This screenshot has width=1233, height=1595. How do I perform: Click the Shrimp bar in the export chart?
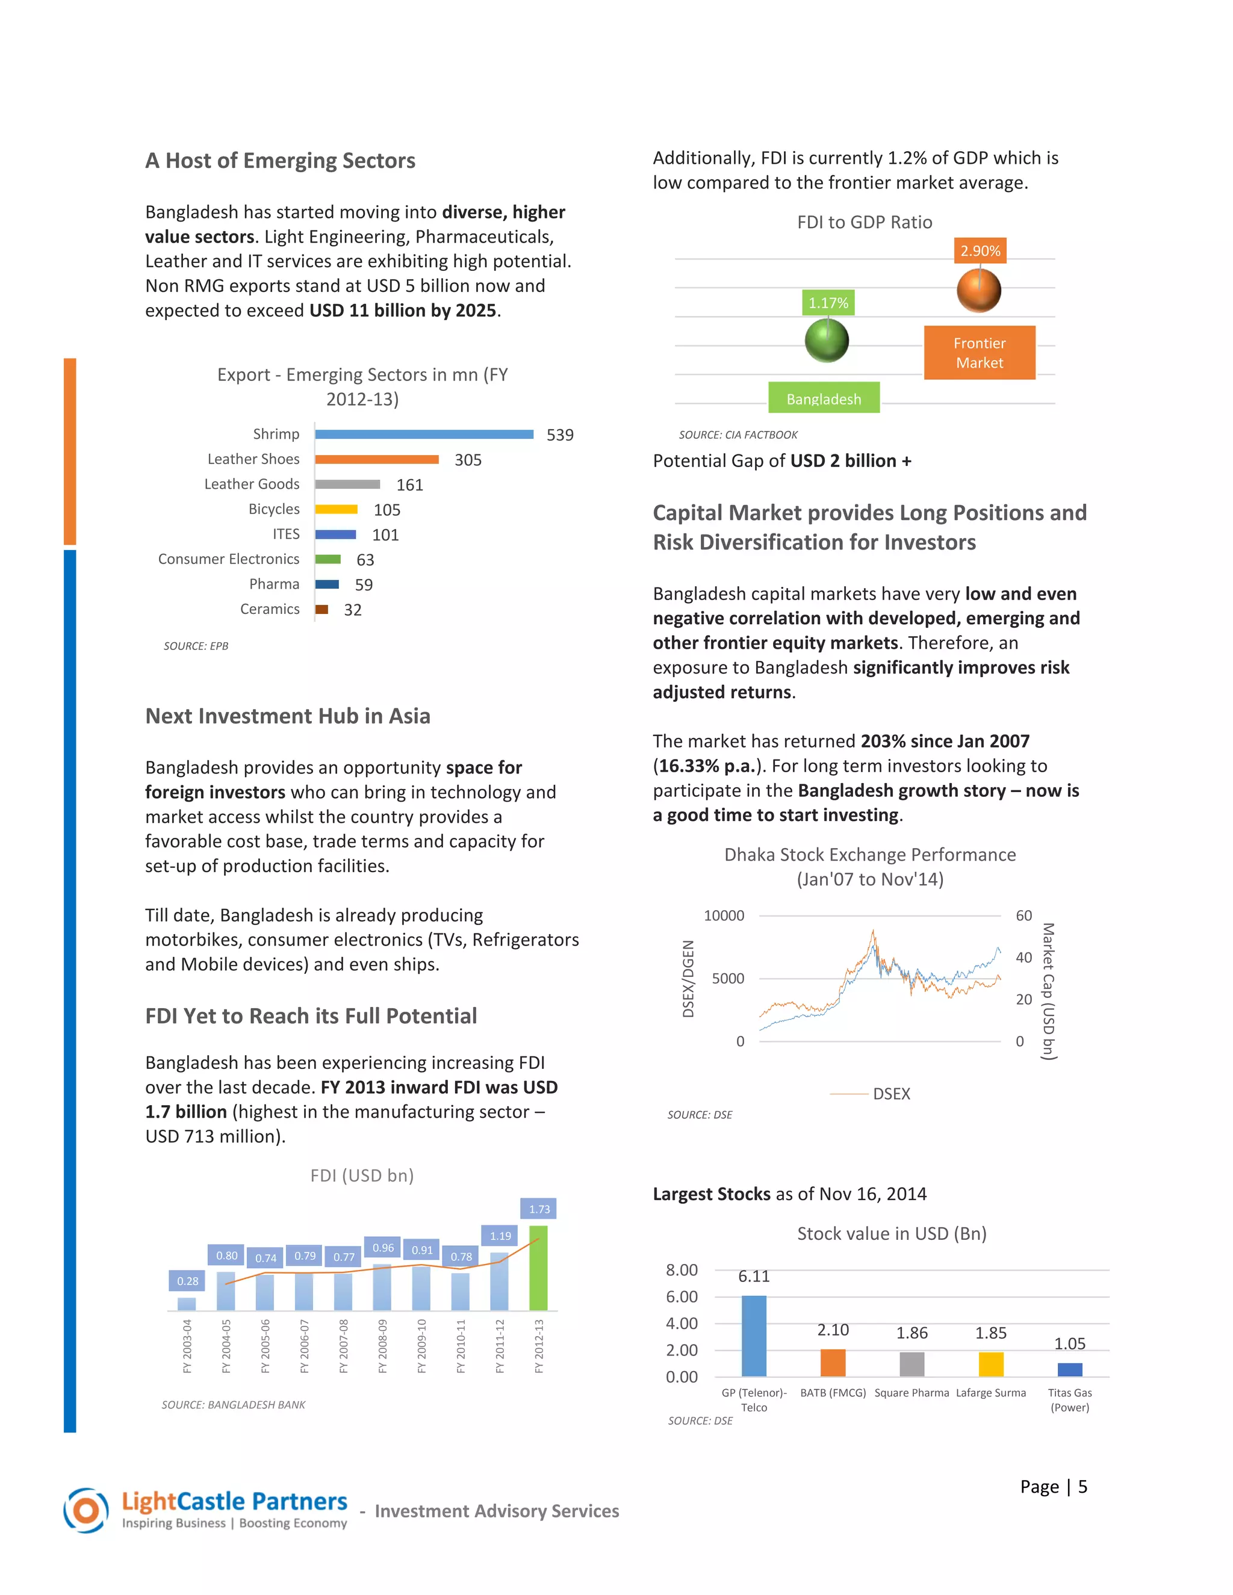coord(424,435)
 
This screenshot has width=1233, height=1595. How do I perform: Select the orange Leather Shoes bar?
coord(376,459)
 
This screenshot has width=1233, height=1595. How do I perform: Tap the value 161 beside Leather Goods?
coord(410,485)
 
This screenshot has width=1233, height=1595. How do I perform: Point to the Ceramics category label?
coord(270,609)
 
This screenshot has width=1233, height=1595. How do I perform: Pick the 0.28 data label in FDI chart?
coord(188,1281)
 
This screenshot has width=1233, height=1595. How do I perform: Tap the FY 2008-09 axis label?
coord(383,1346)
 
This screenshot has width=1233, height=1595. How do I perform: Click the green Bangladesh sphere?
coord(826,340)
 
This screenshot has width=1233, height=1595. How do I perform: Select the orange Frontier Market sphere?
coord(979,290)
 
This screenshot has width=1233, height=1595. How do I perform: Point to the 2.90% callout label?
coord(980,251)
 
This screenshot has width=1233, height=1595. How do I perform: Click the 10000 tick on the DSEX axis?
coord(724,916)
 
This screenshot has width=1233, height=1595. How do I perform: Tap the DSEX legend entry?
coord(891,1094)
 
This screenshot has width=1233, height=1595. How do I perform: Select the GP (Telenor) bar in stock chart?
coord(754,1336)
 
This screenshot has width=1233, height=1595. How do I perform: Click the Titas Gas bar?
coord(1069,1369)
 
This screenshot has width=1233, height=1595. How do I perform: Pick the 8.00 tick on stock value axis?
coord(682,1270)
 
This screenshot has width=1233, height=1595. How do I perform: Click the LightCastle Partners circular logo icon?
coord(86,1510)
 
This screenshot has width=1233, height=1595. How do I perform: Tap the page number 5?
coord(1082,1487)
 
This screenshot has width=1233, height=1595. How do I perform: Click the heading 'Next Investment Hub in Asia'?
coord(288,716)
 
